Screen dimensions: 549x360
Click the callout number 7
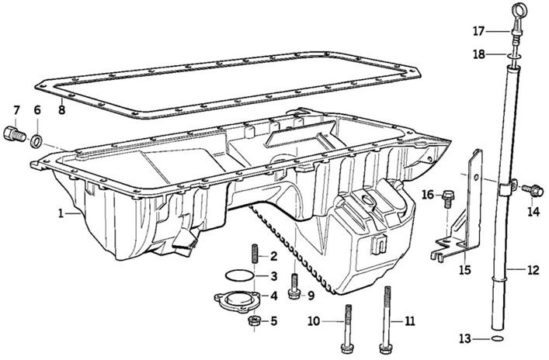point(16,110)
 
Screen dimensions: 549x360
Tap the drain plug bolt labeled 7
point(15,134)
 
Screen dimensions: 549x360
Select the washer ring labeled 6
point(36,140)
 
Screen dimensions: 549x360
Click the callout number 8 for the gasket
point(61,110)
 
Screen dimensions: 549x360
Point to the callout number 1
point(61,213)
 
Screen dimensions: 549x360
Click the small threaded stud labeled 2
point(255,256)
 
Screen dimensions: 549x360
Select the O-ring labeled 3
point(239,275)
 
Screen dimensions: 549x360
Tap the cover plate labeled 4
point(237,300)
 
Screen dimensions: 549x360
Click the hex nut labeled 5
point(254,320)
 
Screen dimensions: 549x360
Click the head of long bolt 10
point(347,348)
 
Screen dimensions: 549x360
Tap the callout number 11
point(409,320)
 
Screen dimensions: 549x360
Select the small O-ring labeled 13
point(498,338)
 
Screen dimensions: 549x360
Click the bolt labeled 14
point(533,190)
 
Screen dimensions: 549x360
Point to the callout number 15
point(465,270)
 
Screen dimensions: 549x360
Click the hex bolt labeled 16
point(448,199)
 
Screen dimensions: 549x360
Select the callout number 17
point(478,32)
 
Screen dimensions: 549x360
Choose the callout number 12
point(533,270)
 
